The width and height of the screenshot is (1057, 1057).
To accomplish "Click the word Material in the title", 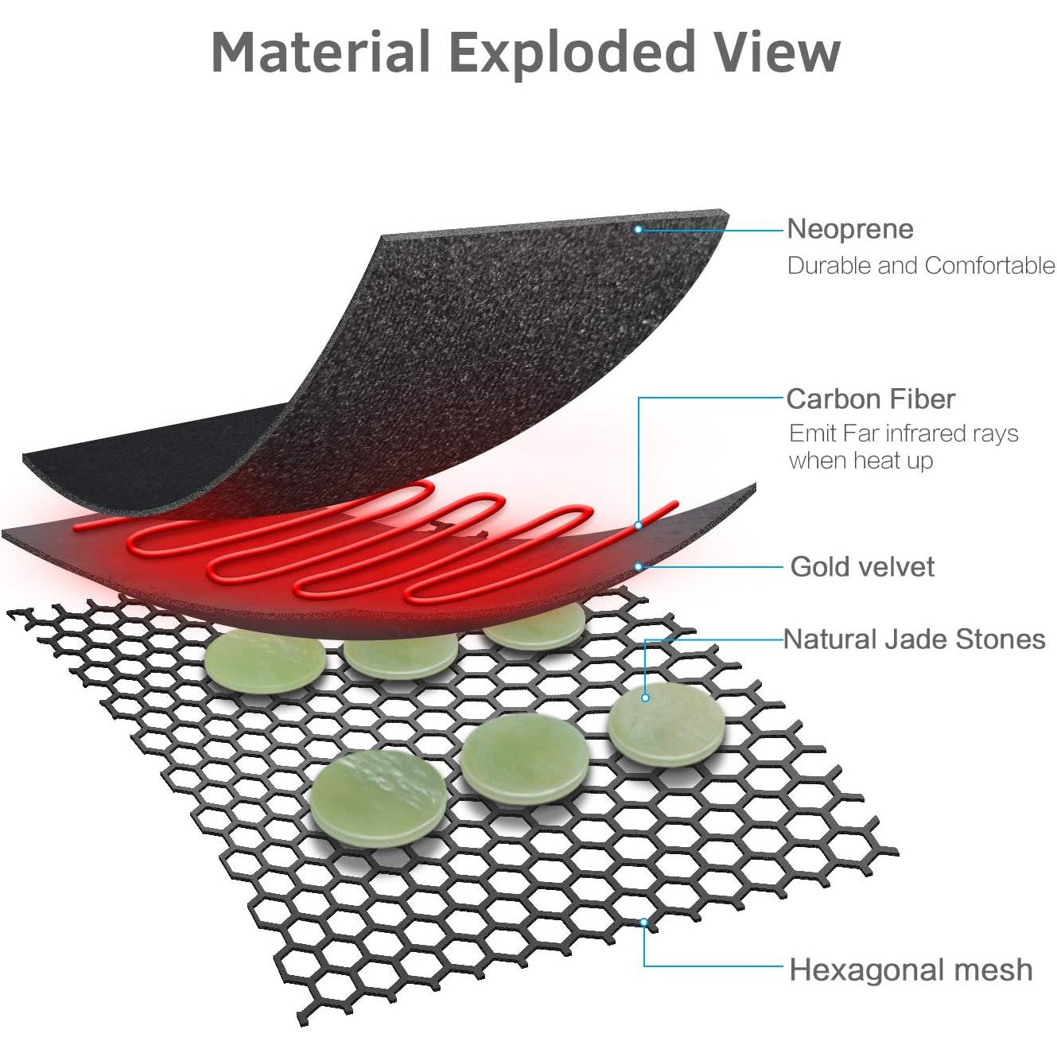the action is click(321, 52).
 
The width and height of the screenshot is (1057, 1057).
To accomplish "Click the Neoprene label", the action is click(850, 229).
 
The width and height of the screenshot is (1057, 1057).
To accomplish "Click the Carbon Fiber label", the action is click(871, 398).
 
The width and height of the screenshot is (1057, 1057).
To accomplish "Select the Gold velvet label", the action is click(862, 566).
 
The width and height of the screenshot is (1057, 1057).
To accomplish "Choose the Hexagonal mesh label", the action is click(911, 970).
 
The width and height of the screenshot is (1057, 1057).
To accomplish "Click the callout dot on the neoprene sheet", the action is click(638, 229).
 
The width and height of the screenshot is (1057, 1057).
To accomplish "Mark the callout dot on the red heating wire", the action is click(639, 526).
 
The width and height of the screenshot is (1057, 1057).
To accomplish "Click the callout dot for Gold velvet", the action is click(638, 566).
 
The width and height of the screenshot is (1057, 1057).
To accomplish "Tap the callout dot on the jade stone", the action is click(645, 698).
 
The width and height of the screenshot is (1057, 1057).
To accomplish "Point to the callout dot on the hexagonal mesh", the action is click(644, 922).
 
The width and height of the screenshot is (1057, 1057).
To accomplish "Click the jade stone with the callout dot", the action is click(666, 724).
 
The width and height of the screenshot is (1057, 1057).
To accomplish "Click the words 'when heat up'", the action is click(861, 460).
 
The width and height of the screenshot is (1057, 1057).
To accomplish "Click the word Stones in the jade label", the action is click(1001, 639).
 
